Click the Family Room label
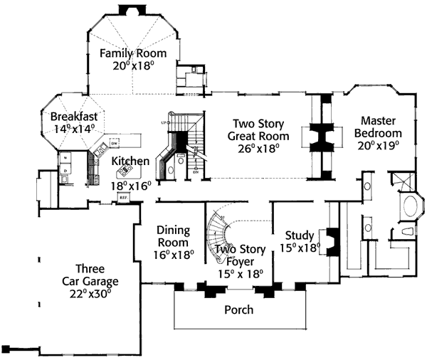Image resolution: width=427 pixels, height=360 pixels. [x=133, y=53]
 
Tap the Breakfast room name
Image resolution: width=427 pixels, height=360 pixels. [x=73, y=117]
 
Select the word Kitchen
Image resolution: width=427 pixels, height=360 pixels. [x=130, y=162]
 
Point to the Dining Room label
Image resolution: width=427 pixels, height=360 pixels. [x=173, y=236]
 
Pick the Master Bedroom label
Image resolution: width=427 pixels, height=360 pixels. [x=381, y=127]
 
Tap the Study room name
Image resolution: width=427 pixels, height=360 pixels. [x=300, y=235]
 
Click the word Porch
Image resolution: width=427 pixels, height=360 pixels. [x=238, y=309]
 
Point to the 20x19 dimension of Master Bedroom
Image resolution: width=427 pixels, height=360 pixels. [x=381, y=145]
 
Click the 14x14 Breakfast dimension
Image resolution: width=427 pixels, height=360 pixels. [x=73, y=129]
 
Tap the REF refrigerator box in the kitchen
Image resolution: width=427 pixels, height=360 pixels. [x=122, y=197]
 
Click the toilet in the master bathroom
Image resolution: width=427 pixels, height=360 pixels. [x=408, y=231]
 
